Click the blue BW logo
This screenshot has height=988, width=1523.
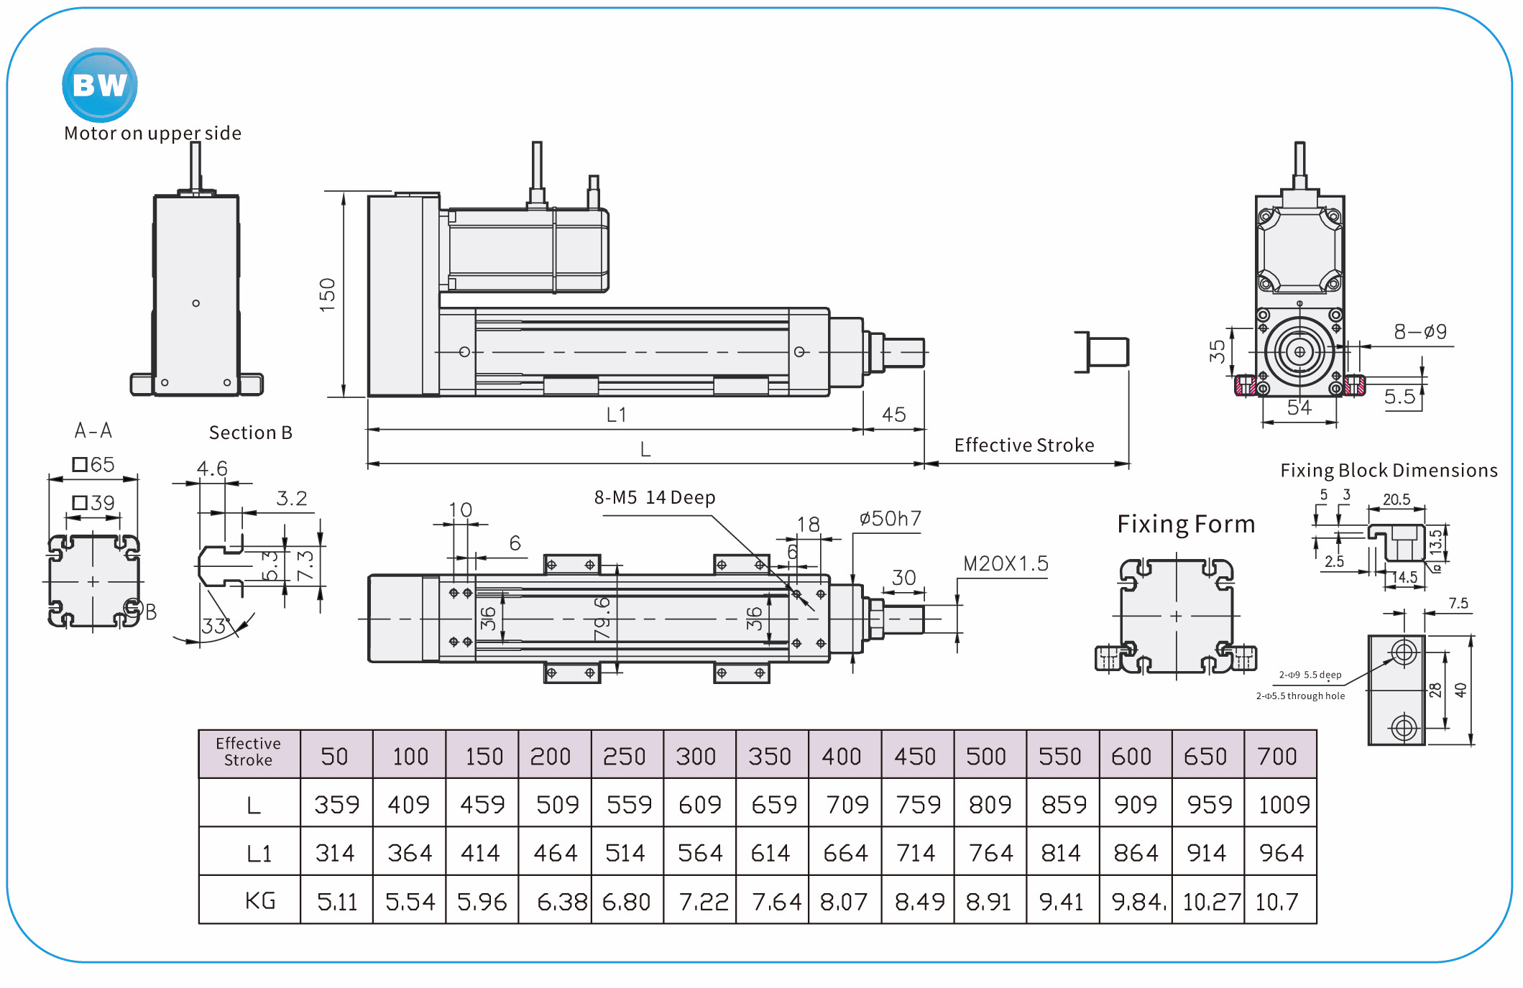[x=100, y=85]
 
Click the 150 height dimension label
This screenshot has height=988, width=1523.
[x=328, y=294]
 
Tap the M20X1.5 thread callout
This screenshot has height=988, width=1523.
[x=1006, y=564]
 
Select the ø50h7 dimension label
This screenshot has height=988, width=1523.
[x=890, y=519]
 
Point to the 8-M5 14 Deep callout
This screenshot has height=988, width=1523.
[x=655, y=497]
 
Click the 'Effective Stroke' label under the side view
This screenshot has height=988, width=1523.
[x=1023, y=445]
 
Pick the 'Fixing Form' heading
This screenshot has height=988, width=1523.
[x=1186, y=524]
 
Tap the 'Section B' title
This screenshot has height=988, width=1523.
[x=250, y=433]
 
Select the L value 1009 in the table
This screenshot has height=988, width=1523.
[x=1284, y=804]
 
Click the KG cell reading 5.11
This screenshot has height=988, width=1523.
[x=336, y=901]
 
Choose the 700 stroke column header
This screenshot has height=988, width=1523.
[x=1277, y=756]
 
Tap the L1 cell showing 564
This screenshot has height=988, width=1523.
[x=699, y=853]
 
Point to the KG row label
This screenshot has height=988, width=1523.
[x=259, y=901]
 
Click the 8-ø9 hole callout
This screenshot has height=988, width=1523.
[x=1420, y=332]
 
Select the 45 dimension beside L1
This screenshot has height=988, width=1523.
[x=894, y=415]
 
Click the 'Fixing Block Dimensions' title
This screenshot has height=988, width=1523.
[x=1389, y=471]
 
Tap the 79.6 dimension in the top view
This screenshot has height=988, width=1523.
[x=602, y=617]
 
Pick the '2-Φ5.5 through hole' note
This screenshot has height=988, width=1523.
[x=1300, y=696]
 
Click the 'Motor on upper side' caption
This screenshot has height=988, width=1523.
[x=152, y=133]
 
